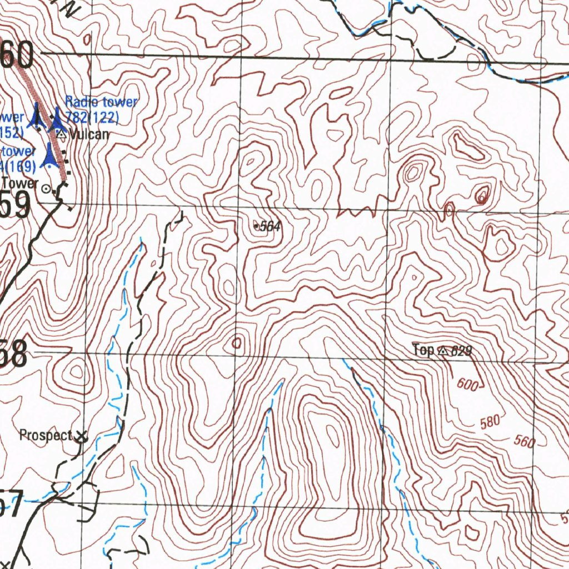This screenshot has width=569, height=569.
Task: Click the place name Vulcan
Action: (x=89, y=134)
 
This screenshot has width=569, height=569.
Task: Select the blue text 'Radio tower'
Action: (x=101, y=102)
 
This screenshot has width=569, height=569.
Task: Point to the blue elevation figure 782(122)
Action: (x=92, y=117)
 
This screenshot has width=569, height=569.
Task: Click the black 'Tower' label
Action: (x=20, y=183)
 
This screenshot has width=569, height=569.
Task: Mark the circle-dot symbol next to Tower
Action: (x=47, y=188)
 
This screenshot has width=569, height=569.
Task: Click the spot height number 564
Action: (x=271, y=226)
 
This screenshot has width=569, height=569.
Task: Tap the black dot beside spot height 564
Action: (x=256, y=226)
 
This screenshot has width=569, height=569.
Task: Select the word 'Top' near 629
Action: (x=423, y=350)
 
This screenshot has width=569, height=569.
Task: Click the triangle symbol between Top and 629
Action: (x=442, y=351)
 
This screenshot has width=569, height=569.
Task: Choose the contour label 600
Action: (x=468, y=385)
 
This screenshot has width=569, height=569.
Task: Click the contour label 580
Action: (x=490, y=422)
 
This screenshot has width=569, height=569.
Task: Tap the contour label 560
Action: (x=524, y=442)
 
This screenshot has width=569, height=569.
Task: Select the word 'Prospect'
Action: (x=46, y=435)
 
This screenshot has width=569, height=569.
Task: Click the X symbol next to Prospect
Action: (x=82, y=437)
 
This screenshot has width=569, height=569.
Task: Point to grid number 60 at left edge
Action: (x=18, y=54)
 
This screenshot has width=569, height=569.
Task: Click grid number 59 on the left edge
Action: (x=16, y=206)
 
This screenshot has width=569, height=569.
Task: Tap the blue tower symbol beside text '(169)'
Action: (x=51, y=156)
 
